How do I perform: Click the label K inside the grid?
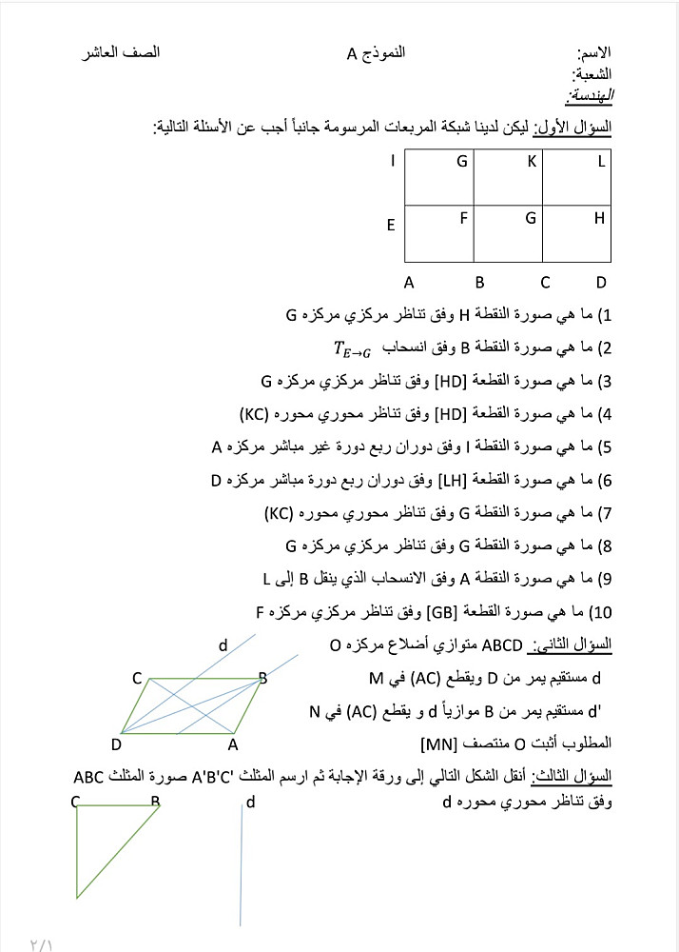(x=533, y=162)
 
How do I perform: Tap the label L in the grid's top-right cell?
(x=601, y=162)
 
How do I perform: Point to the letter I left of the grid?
(x=392, y=161)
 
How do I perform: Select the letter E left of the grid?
(x=390, y=226)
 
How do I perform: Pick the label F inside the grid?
(x=464, y=217)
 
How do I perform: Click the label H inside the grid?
(x=599, y=218)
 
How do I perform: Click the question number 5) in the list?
(x=603, y=447)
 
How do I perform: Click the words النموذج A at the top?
(x=376, y=52)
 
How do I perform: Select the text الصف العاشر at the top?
(x=121, y=52)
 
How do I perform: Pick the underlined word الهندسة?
(x=590, y=95)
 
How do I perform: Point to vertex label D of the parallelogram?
(x=116, y=744)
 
